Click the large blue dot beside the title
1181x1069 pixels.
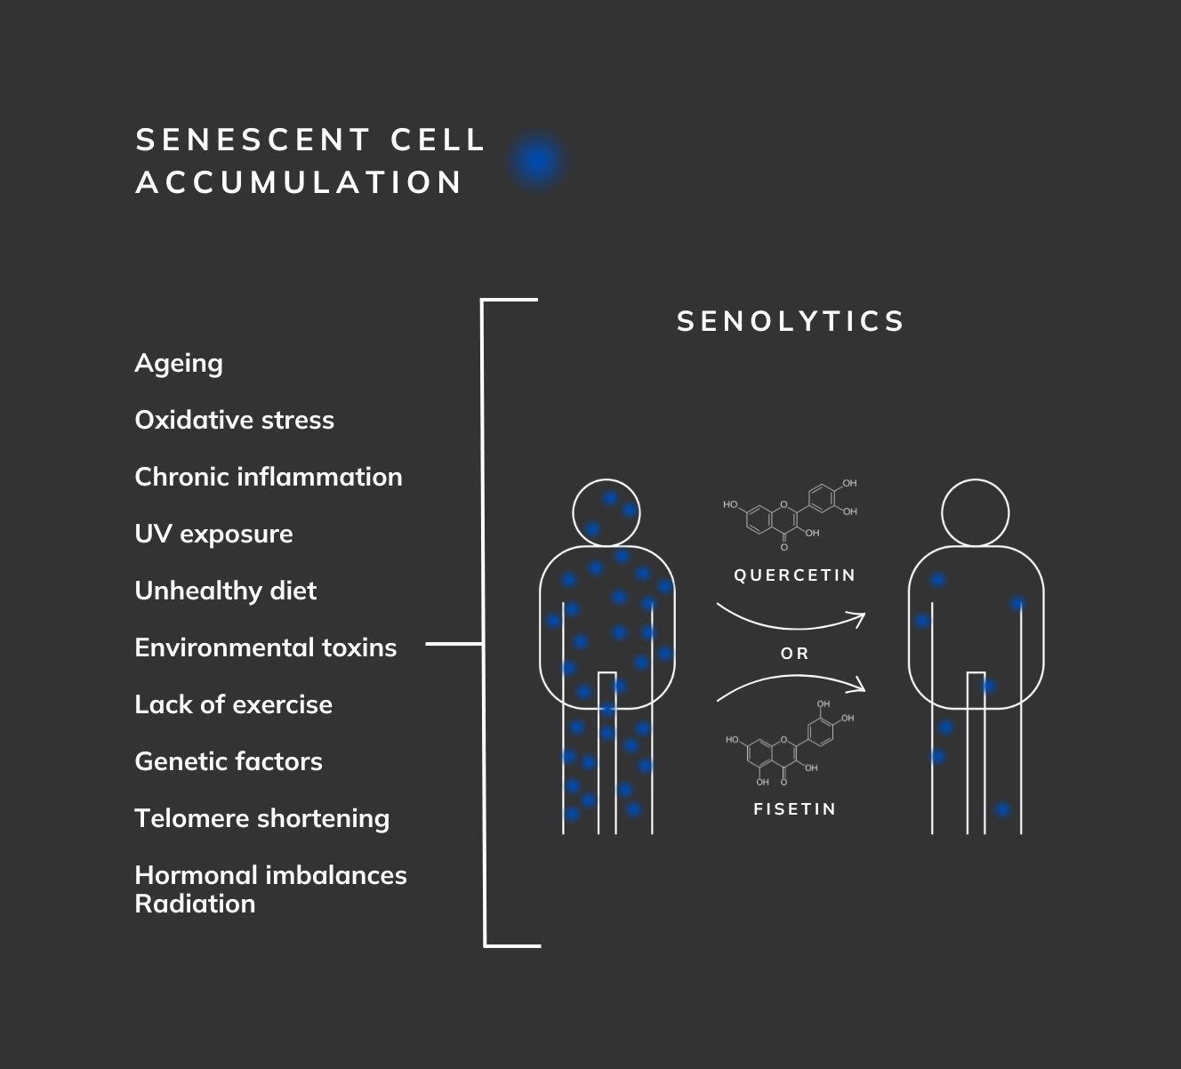[x=538, y=161]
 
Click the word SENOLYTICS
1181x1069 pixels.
[x=791, y=321]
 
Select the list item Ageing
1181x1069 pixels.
[x=179, y=363]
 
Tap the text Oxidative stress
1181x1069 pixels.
[x=234, y=420]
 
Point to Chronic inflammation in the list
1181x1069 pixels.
[x=268, y=477]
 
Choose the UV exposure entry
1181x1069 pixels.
[x=213, y=534]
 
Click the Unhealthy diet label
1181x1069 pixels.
[x=225, y=591]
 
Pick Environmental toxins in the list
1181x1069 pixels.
[x=265, y=647]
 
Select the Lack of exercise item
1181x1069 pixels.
[x=233, y=704]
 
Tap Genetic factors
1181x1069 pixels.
[x=229, y=761]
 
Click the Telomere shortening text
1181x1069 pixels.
[x=261, y=818]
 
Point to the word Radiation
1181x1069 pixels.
[x=195, y=904]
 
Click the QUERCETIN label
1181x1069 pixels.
[x=794, y=575]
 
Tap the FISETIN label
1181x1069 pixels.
[x=794, y=809]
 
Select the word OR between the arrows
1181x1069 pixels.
[x=794, y=654]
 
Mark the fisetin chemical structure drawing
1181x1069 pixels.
[x=791, y=745]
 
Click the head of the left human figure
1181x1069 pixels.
[x=607, y=513]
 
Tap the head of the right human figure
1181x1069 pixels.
[x=975, y=513]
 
